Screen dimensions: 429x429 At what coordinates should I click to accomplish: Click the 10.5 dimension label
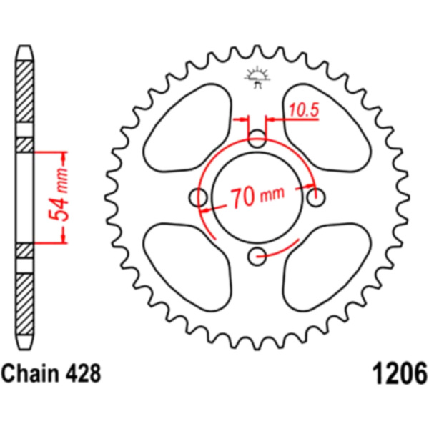[x=304, y=110]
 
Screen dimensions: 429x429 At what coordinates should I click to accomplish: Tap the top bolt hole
[x=257, y=139]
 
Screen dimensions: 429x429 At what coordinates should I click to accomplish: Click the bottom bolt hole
[x=257, y=257]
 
